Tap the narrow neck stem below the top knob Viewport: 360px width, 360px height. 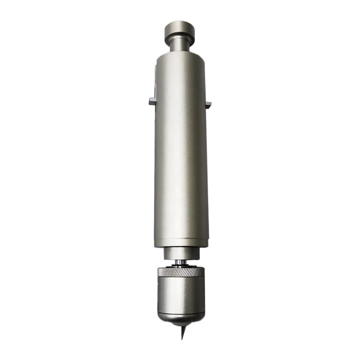coord(180,47)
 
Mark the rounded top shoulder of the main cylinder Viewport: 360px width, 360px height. coord(180,58)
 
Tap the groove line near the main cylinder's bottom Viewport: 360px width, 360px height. coord(181,240)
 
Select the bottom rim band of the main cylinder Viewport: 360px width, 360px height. coord(181,244)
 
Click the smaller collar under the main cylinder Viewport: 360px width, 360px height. coord(181,253)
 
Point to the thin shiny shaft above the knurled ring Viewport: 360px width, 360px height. coord(180,262)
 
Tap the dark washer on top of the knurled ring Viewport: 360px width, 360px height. coord(180,266)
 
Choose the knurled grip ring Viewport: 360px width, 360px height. coord(181,272)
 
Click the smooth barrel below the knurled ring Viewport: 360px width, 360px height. coord(181,293)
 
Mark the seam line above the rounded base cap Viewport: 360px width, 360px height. coord(181,313)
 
